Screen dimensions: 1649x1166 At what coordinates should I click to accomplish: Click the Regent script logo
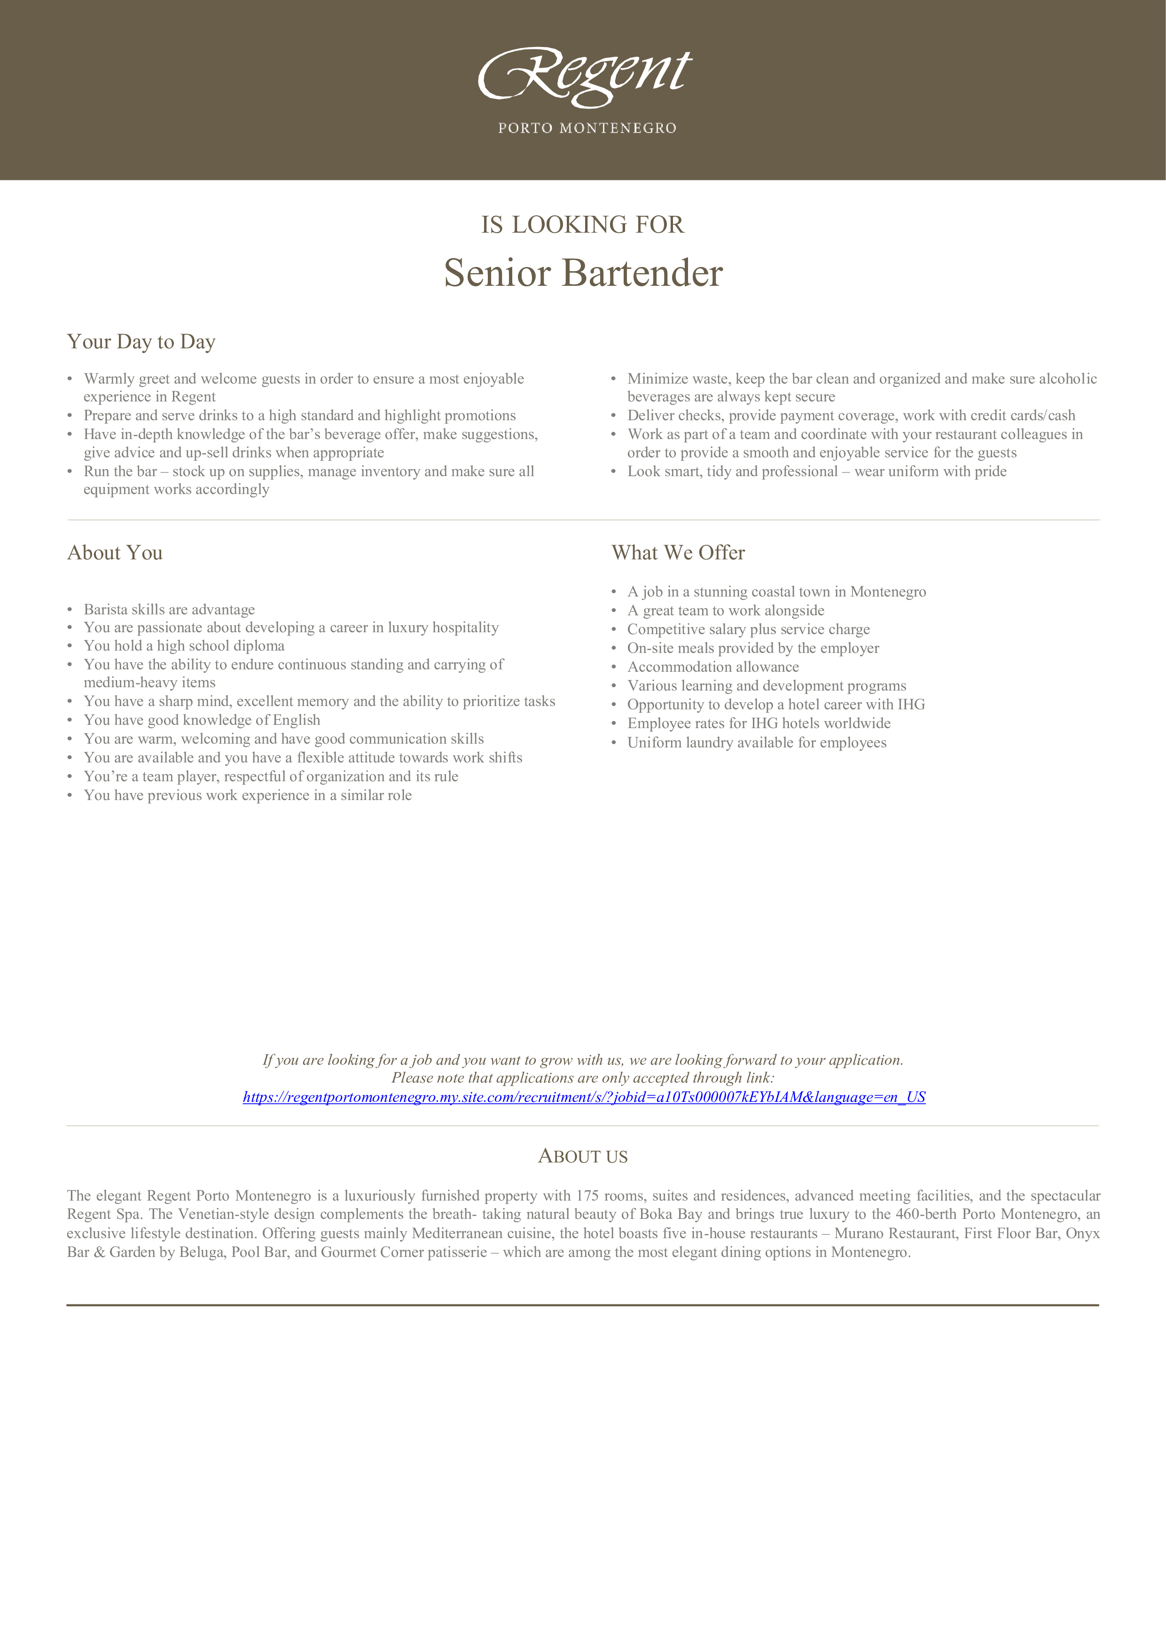(x=585, y=75)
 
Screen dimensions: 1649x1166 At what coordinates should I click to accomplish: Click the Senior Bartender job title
(x=583, y=274)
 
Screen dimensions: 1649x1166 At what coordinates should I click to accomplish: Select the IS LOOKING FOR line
(x=582, y=225)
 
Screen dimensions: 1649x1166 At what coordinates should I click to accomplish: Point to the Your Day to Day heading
(x=141, y=342)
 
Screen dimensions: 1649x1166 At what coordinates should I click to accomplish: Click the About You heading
(x=115, y=553)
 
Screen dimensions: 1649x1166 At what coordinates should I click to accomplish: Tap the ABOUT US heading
(x=583, y=1157)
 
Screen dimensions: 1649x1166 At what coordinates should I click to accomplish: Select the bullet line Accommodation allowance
(x=713, y=667)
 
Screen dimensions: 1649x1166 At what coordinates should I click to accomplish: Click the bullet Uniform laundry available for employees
(x=757, y=743)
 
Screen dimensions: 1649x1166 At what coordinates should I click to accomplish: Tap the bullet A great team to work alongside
(x=726, y=611)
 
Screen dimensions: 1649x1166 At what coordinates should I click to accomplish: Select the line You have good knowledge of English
(x=202, y=720)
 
